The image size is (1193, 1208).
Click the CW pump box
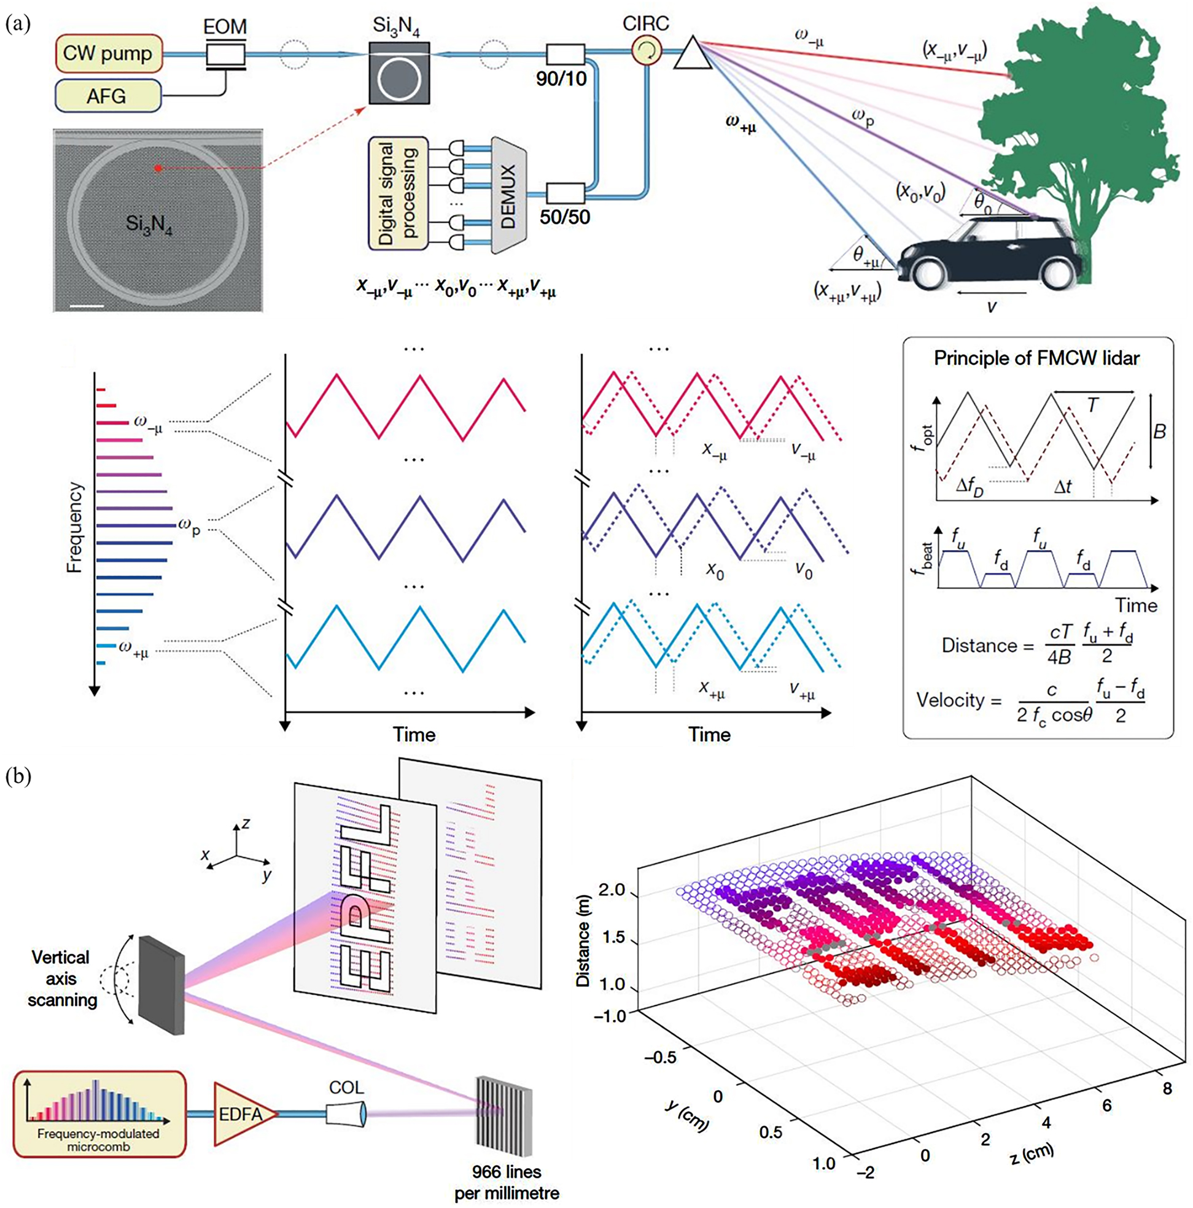(107, 54)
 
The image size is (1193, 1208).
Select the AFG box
(107, 96)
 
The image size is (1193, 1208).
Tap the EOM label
(225, 26)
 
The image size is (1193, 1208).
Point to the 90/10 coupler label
(561, 78)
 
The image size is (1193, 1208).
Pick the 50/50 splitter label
(565, 217)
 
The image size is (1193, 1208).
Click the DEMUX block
(507, 196)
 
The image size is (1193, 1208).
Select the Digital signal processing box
(398, 193)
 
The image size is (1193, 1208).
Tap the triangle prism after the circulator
(693, 54)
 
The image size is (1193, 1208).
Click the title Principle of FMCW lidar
(1036, 358)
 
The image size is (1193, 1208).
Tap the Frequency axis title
(74, 527)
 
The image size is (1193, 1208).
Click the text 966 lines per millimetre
(507, 1181)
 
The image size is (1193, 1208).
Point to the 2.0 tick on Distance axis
(611, 890)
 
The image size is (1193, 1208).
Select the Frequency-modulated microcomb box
(99, 1113)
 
